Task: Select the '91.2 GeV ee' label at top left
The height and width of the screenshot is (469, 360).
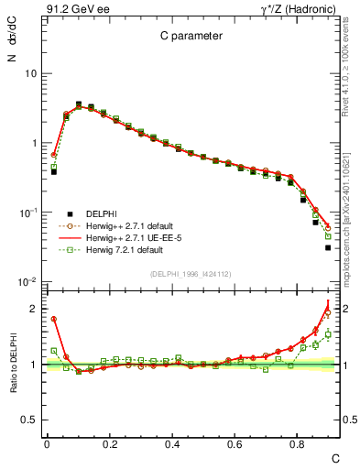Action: pyautogui.click(x=78, y=9)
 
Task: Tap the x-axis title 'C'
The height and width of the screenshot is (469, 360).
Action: pyautogui.click(x=335, y=456)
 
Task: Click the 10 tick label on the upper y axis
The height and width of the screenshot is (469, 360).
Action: pyautogui.click(x=30, y=73)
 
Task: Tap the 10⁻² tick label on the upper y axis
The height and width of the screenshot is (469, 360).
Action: pyautogui.click(x=28, y=282)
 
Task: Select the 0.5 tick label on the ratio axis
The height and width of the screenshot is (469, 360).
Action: pyautogui.click(x=28, y=420)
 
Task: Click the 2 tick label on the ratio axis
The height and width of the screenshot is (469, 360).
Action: pyautogui.click(x=33, y=309)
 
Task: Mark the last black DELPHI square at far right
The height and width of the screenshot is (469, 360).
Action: pyautogui.click(x=328, y=247)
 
